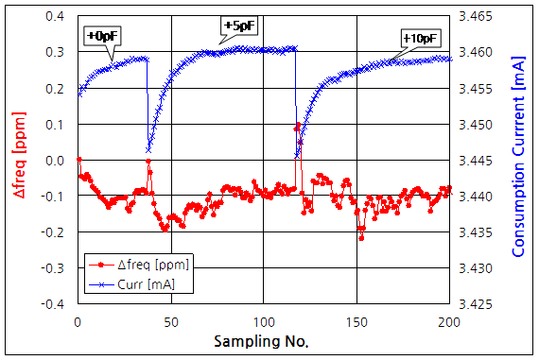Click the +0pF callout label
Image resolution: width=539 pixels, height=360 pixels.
click(x=102, y=37)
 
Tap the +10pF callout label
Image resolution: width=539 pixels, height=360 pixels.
click(x=421, y=38)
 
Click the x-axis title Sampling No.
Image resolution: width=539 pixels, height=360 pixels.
click(x=262, y=340)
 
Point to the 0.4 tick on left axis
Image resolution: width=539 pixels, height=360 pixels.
click(x=56, y=16)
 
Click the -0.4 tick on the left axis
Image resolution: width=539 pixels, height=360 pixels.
click(x=54, y=305)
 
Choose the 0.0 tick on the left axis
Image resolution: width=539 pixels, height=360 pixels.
click(x=56, y=161)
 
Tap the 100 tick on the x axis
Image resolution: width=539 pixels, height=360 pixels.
click(x=263, y=322)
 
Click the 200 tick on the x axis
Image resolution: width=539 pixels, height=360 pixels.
click(x=449, y=322)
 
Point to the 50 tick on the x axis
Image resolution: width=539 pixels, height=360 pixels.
click(x=170, y=322)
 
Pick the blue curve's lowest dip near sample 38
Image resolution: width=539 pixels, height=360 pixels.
click(x=148, y=149)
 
